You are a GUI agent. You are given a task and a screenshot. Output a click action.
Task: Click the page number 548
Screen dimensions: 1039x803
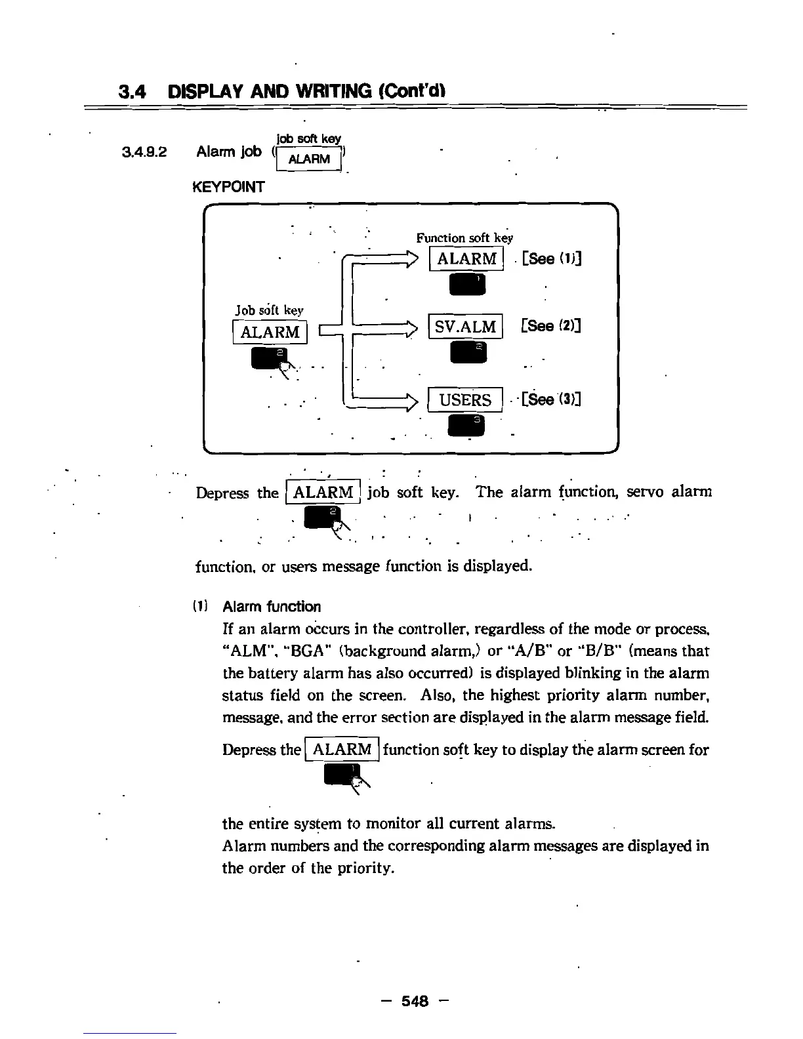(x=415, y=1001)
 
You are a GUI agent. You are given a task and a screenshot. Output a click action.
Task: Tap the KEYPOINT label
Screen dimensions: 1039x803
(x=228, y=187)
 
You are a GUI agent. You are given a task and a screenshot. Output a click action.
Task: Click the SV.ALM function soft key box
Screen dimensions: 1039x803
(x=465, y=327)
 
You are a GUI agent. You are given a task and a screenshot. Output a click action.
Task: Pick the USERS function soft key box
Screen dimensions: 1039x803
(x=465, y=400)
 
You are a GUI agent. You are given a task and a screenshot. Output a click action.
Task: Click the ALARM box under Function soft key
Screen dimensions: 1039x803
(x=466, y=258)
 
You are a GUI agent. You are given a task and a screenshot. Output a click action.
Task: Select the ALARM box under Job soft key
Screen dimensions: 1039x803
(x=270, y=332)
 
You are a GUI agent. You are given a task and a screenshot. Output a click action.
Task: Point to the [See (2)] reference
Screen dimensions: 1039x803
(x=550, y=326)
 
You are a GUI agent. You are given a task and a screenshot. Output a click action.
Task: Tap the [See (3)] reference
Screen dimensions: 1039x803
(x=551, y=399)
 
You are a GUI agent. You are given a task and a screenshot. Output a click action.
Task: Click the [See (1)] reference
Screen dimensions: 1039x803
(x=552, y=258)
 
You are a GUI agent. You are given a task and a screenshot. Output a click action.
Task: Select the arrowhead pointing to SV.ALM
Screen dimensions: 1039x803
(x=413, y=327)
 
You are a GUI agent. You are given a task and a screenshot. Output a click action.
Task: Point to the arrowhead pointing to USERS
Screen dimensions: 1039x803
(x=413, y=399)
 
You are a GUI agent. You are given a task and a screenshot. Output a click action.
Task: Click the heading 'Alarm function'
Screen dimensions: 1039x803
(x=272, y=607)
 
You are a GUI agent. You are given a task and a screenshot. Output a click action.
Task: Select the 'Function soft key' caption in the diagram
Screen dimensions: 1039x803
(x=464, y=238)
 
